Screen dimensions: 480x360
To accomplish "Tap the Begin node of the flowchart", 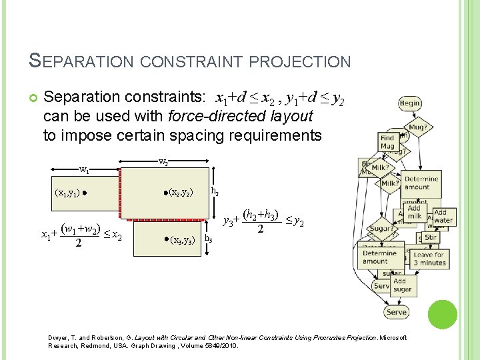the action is point(409,103).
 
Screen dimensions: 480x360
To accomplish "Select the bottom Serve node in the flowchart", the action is point(396,312).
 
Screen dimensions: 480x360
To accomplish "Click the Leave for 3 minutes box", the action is point(429,259).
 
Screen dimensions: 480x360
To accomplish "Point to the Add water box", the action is point(443,217).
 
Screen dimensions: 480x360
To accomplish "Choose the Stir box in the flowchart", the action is point(431,237).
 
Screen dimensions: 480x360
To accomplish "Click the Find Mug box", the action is point(388,142).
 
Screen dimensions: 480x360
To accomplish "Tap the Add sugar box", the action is point(403,285).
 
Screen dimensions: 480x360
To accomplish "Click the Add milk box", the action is point(415,213).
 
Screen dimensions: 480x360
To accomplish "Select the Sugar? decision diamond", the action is point(381,228).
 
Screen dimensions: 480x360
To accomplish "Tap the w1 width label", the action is point(85,169).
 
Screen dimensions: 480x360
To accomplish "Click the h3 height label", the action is point(208,238).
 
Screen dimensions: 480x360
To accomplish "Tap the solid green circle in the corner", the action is point(442,315).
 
